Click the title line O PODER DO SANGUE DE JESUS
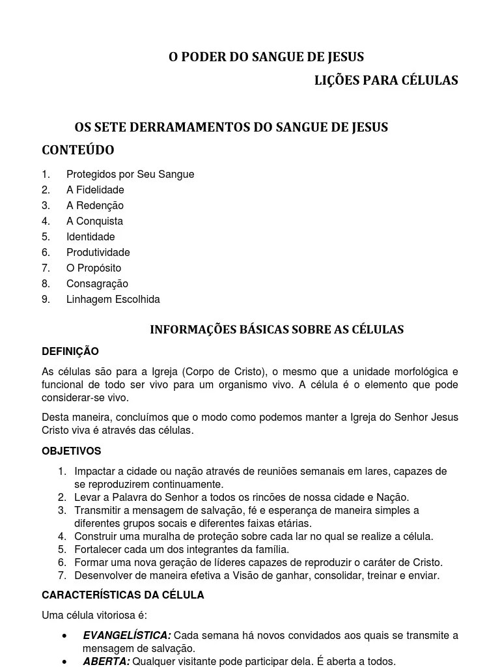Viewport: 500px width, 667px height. pyautogui.click(x=266, y=57)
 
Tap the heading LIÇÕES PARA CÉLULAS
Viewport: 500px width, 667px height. pyautogui.click(x=386, y=80)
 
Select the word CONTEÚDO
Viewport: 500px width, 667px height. pyautogui.click(x=78, y=150)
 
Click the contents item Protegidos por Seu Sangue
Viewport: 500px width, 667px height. pyautogui.click(x=130, y=175)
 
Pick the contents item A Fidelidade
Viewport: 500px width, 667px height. pyautogui.click(x=95, y=190)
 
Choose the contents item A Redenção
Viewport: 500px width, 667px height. pyautogui.click(x=95, y=206)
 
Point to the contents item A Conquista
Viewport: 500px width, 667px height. pyautogui.click(x=94, y=221)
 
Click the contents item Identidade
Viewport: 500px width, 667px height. pyautogui.click(x=90, y=237)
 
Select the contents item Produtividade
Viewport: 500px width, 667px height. pyautogui.click(x=98, y=253)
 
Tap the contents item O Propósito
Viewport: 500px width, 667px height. pyautogui.click(x=94, y=268)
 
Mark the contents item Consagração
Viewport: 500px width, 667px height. pyautogui.click(x=97, y=284)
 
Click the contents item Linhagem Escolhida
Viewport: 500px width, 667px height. pyautogui.click(x=113, y=300)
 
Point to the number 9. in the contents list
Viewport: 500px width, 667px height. pyautogui.click(x=46, y=300)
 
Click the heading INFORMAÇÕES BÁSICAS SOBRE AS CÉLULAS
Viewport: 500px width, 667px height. pyautogui.click(x=277, y=330)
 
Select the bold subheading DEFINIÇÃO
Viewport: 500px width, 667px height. pyautogui.click(x=70, y=352)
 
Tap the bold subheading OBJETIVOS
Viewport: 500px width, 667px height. pyautogui.click(x=72, y=451)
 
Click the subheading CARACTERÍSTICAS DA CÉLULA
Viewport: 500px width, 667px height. pyautogui.click(x=123, y=595)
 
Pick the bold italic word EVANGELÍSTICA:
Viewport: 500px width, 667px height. pyautogui.click(x=127, y=636)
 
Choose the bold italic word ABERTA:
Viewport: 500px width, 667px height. pyautogui.click(x=106, y=662)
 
